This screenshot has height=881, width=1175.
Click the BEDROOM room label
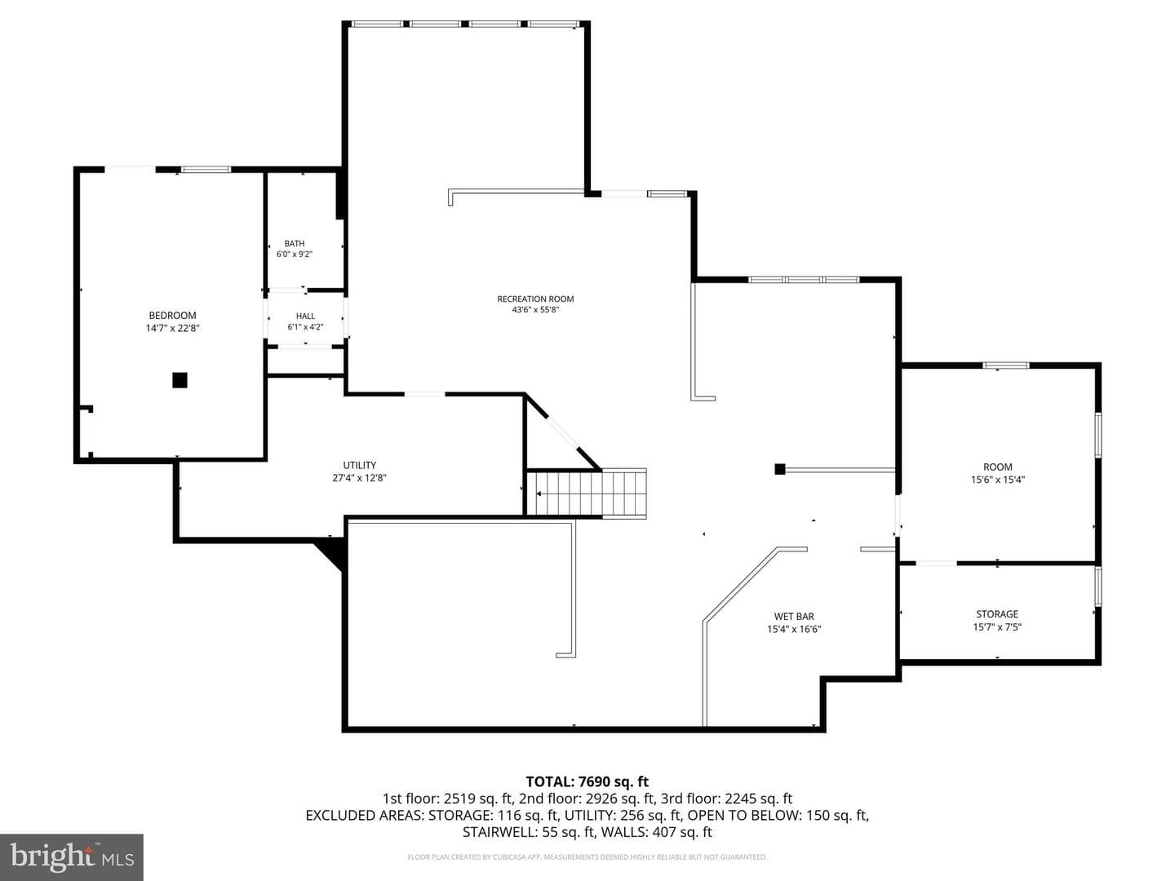pyautogui.click(x=172, y=316)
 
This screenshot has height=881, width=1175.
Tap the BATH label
pyautogui.click(x=295, y=243)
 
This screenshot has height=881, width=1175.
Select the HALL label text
pyautogui.click(x=306, y=317)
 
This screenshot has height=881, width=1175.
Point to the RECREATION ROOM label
pyautogui.click(x=535, y=299)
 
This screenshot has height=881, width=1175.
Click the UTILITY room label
pyautogui.click(x=360, y=465)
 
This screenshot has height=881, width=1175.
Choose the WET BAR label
pyautogui.click(x=794, y=617)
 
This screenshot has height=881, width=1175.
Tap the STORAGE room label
pyautogui.click(x=997, y=614)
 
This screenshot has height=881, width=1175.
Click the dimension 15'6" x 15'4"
pyautogui.click(x=998, y=480)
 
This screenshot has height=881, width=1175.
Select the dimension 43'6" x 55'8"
pyautogui.click(x=535, y=310)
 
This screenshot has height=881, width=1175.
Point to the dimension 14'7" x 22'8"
pyautogui.click(x=172, y=329)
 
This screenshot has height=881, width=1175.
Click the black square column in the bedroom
pyautogui.click(x=180, y=380)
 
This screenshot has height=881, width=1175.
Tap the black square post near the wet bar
pyautogui.click(x=780, y=469)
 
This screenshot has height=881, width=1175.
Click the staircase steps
pyautogui.click(x=587, y=494)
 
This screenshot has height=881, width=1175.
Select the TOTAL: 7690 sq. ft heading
pyautogui.click(x=587, y=782)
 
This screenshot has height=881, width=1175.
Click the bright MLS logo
pyautogui.click(x=72, y=857)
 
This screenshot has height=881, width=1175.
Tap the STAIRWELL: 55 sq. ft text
pyautogui.click(x=529, y=832)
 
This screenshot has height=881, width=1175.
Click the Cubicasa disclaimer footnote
pyautogui.click(x=587, y=857)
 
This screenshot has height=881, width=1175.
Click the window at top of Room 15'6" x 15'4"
pyautogui.click(x=1006, y=366)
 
